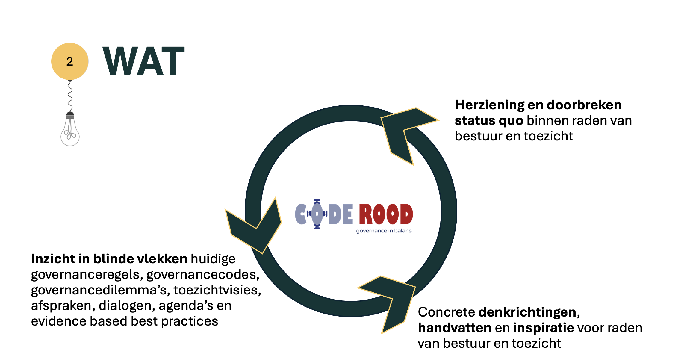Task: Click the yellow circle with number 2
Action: pyautogui.click(x=70, y=61)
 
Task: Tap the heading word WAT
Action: pyautogui.click(x=144, y=61)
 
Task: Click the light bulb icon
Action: pyautogui.click(x=70, y=129)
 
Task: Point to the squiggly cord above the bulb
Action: pyautogui.click(x=70, y=96)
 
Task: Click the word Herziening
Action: pyautogui.click(x=489, y=105)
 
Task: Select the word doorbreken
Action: pyautogui.click(x=584, y=105)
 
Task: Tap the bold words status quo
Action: pyautogui.click(x=489, y=121)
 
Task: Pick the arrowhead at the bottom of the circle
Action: pyautogui.click(x=387, y=304)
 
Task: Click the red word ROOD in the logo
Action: pyautogui.click(x=386, y=214)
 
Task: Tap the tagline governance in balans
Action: pyautogui.click(x=384, y=231)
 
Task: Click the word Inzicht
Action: pyautogui.click(x=53, y=259)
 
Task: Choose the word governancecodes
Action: pyautogui.click(x=203, y=275)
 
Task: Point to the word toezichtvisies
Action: pyautogui.click(x=217, y=290)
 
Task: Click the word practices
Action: pyautogui.click(x=190, y=321)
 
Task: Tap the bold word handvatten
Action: pyautogui.click(x=455, y=328)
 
